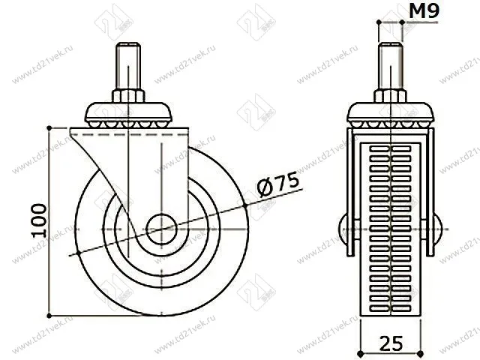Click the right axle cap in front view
coord(438,227)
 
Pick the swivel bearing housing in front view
coord(392,115)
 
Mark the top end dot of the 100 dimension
coord(49,127)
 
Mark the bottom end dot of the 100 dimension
coord(49,315)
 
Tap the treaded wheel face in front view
coord(391,225)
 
